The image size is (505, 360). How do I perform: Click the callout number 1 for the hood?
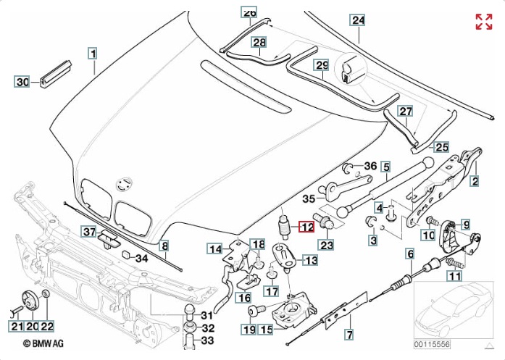(x=93, y=53)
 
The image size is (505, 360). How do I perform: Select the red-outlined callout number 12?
(x=306, y=227)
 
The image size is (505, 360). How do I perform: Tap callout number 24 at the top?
(x=358, y=20)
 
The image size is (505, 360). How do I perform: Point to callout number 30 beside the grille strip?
(x=22, y=83)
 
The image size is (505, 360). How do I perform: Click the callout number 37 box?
(x=88, y=232)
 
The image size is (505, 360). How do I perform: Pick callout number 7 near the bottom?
(x=349, y=335)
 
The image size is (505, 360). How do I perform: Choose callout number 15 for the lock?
(x=266, y=330)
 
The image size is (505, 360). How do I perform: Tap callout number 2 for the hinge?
(x=475, y=180)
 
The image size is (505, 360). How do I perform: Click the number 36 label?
(x=370, y=166)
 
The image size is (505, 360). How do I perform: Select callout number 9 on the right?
(x=466, y=225)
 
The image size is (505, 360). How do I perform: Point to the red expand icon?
(x=483, y=22)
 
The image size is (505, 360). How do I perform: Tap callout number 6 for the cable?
(x=410, y=254)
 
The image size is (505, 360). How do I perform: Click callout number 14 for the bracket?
(x=216, y=249)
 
